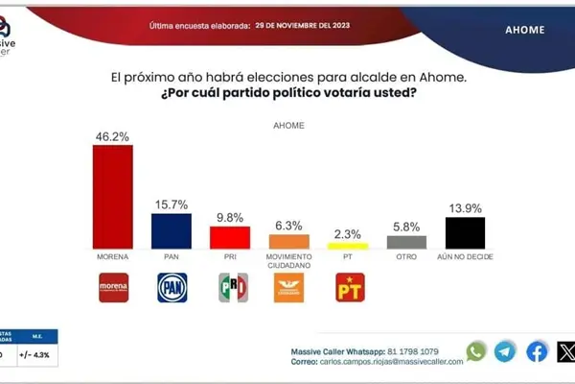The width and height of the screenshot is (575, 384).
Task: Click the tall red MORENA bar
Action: (x=112, y=197)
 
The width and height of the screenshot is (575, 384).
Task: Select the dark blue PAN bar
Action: (x=172, y=231)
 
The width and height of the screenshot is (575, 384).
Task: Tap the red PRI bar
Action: (x=230, y=237)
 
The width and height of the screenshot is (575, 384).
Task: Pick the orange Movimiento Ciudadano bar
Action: (x=288, y=242)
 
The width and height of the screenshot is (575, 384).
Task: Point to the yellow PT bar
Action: (x=348, y=247)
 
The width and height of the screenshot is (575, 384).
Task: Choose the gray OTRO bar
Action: (x=406, y=242)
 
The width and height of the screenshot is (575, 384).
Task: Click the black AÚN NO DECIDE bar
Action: (x=466, y=232)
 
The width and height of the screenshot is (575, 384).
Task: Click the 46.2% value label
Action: (x=112, y=135)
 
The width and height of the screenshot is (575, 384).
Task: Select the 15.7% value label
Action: (x=172, y=204)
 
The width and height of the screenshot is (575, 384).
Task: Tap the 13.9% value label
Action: (x=466, y=207)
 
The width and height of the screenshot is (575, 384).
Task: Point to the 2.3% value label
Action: (x=348, y=233)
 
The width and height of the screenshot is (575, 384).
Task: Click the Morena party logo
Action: (x=113, y=288)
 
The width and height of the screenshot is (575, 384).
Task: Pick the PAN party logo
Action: (x=172, y=288)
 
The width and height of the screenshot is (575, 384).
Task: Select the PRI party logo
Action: (x=232, y=288)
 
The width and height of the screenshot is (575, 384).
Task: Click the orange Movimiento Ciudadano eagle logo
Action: (x=289, y=288)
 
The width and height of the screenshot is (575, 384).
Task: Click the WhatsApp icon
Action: (x=476, y=351)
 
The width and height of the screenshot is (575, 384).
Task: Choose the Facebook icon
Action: (x=538, y=351)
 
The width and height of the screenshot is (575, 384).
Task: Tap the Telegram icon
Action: (x=505, y=351)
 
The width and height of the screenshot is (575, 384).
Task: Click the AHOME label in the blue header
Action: (x=524, y=30)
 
